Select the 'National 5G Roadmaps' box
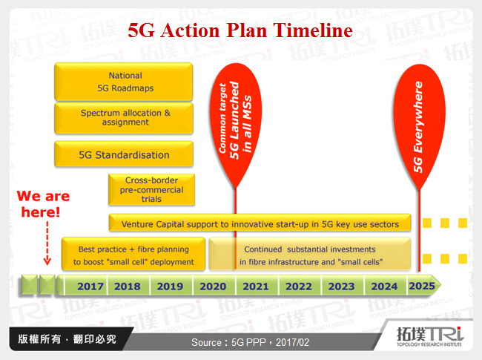point(124,81)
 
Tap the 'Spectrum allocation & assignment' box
point(124,117)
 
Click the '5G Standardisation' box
point(124,155)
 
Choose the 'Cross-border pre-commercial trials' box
point(153,189)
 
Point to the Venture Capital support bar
point(260,223)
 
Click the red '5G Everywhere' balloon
point(418,122)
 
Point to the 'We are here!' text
point(44,203)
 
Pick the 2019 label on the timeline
point(171,286)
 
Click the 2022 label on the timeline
point(300,286)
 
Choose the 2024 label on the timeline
point(385,286)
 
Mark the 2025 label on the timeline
point(422,286)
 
